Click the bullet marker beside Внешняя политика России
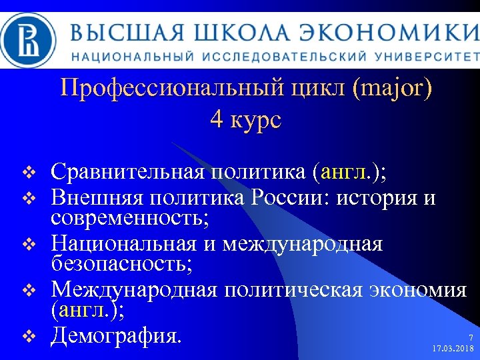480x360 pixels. point(27,198)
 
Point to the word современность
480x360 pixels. point(129,217)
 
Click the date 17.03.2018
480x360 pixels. point(453,349)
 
